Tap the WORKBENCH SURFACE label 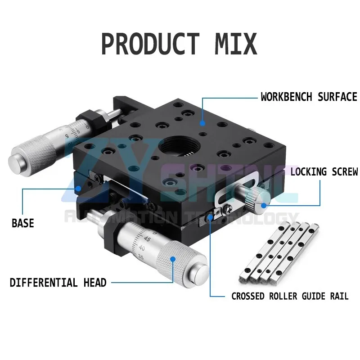coord(309,97)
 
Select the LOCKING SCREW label coord(324,171)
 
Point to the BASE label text coord(22,223)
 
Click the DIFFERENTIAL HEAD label coord(58,283)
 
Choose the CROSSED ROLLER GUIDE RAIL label coord(290,296)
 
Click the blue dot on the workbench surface coord(202,122)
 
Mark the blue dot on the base coord(78,189)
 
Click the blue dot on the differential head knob coord(172,258)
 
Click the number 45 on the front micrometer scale coord(147,240)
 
